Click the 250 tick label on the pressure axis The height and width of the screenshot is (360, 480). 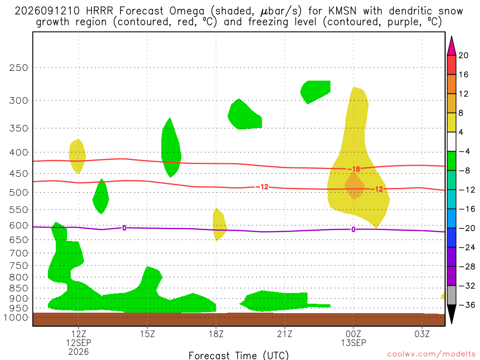click(19, 67)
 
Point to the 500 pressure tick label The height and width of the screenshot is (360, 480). click(19, 193)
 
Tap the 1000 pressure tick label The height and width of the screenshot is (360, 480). click(16, 317)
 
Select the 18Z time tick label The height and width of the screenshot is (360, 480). click(216, 334)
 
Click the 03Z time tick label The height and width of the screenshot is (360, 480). click(422, 334)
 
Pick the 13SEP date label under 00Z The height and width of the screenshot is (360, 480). click(353, 343)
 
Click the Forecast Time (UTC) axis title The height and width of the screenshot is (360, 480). click(239, 355)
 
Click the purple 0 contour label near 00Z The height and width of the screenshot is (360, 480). click(353, 229)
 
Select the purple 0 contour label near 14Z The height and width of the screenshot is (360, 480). click(124, 228)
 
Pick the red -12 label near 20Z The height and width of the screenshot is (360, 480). click(262, 187)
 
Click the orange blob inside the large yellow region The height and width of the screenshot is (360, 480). click(354, 186)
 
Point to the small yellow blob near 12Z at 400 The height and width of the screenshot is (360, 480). click(77, 156)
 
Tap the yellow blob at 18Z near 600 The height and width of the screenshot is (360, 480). click(219, 224)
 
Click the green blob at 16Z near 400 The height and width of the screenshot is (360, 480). click(171, 148)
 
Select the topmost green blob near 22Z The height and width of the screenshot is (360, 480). click(315, 91)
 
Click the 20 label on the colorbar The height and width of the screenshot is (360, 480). click(463, 55)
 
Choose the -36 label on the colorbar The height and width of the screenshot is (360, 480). click(466, 305)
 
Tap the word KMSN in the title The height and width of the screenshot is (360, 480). click(342, 11)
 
